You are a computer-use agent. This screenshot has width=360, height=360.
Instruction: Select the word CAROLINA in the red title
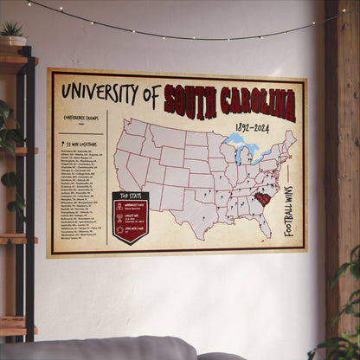click(x=259, y=104)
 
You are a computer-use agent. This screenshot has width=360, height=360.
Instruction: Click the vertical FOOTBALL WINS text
click(x=288, y=210)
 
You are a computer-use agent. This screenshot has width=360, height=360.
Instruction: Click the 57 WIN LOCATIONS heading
click(x=80, y=143)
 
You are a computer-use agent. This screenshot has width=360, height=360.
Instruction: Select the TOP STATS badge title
click(x=130, y=197)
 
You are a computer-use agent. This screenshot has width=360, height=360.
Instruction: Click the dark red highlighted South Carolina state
click(x=260, y=200)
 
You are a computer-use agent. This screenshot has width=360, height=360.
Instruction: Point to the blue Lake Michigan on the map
click(x=237, y=156)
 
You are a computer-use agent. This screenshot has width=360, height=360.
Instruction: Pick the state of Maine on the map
click(x=291, y=138)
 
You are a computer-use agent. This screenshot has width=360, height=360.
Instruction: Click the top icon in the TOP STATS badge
click(x=120, y=208)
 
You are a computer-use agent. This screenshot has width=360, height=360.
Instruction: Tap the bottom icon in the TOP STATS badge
click(x=120, y=230)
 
